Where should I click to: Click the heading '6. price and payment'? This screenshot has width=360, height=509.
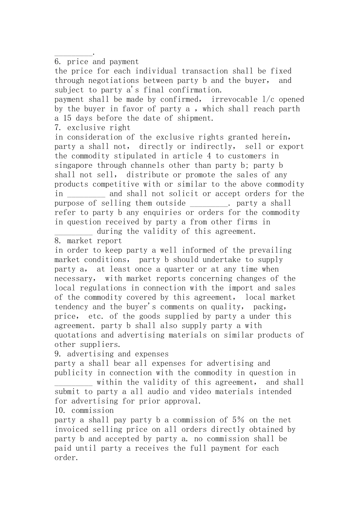pyautogui.click(x=97, y=62)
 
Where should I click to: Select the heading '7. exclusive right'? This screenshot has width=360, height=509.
pyautogui.click(x=92, y=128)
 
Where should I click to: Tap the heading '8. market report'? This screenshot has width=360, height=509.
pyautogui.click(x=88, y=241)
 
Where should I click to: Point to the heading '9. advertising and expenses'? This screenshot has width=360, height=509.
pyautogui.click(x=111, y=354)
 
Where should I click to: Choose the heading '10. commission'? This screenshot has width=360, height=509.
pyautogui.click(x=84, y=411)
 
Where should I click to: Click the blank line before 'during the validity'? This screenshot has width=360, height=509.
pyautogui.click(x=74, y=232)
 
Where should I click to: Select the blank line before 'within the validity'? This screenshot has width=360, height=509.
pyautogui.click(x=74, y=383)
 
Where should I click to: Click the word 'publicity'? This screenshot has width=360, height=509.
pyautogui.click(x=74, y=373)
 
